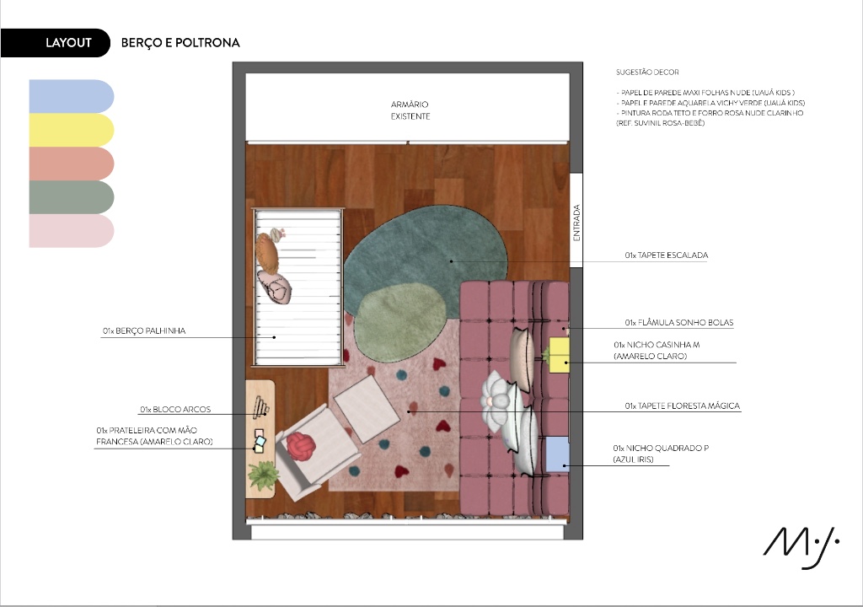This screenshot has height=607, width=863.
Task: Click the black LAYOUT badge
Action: (x=55, y=42)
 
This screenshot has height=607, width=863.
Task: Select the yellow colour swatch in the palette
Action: (x=72, y=130)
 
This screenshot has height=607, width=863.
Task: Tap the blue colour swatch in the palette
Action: (x=72, y=96)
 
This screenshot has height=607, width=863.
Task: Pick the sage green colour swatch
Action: (x=72, y=197)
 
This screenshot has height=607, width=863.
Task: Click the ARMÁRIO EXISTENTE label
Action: (x=410, y=110)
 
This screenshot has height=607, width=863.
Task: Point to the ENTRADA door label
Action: (x=576, y=223)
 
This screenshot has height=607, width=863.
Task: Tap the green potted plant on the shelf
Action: (x=262, y=475)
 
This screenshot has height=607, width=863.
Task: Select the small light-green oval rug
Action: (x=399, y=322)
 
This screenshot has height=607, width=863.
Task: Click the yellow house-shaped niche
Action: (x=559, y=355)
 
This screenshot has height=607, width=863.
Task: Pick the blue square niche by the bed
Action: (x=557, y=454)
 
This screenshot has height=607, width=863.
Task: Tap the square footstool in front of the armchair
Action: (x=367, y=408)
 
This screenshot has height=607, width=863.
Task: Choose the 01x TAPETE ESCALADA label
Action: (x=666, y=255)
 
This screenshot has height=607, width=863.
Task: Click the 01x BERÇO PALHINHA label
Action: (x=144, y=330)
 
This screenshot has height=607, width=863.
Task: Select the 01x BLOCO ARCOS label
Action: (x=175, y=409)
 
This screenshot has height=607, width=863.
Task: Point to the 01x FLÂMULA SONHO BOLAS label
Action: (x=679, y=322)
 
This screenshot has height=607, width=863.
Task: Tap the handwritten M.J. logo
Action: (x=801, y=547)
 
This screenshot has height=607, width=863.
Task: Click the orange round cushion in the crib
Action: (x=267, y=253)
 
